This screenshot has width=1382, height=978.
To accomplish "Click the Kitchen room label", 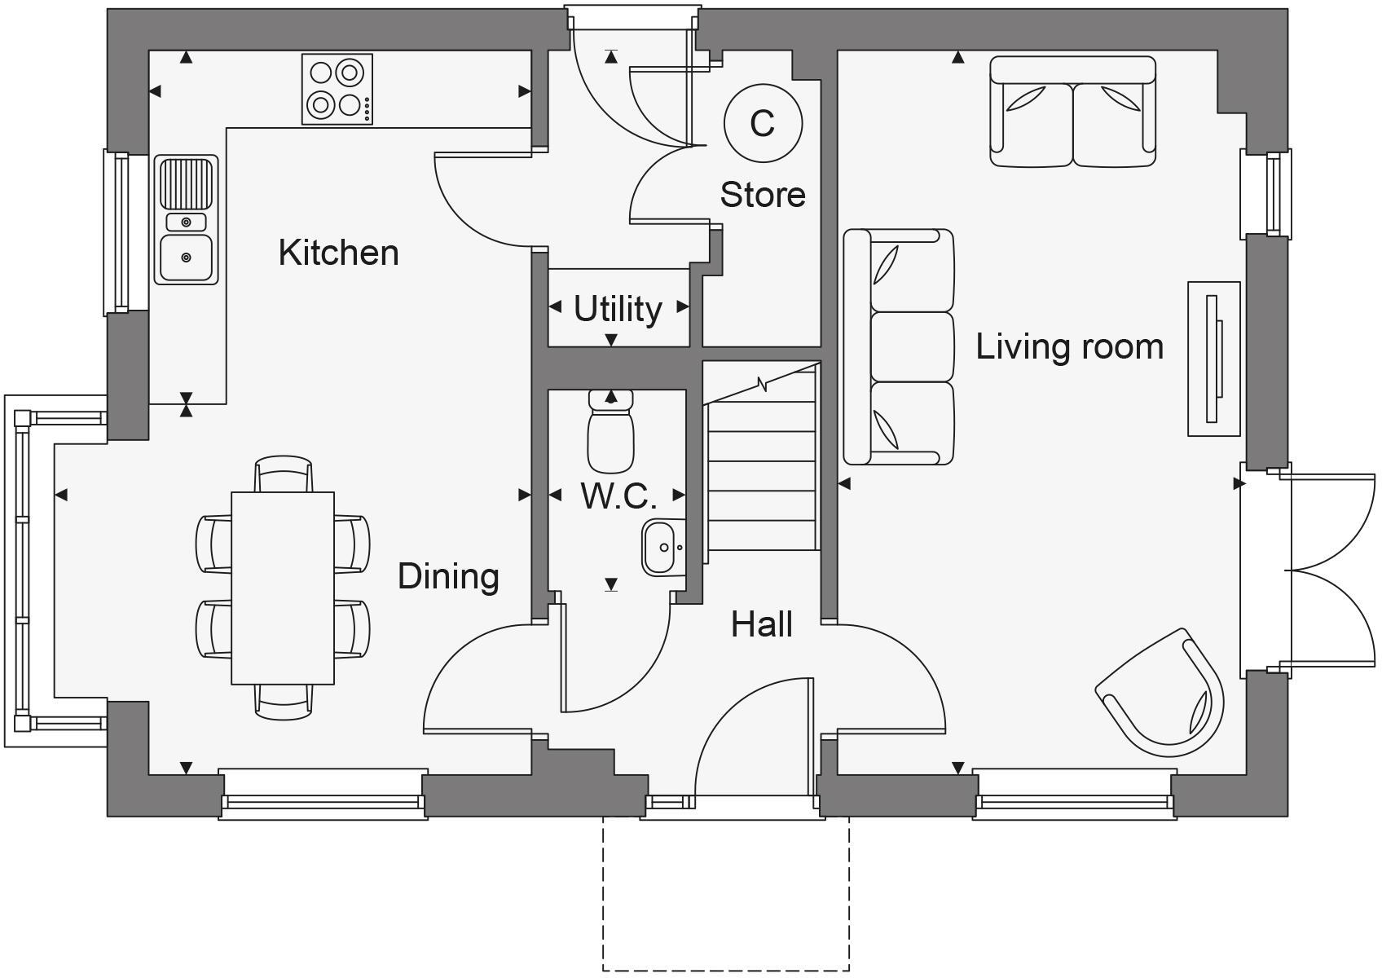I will point(338,253).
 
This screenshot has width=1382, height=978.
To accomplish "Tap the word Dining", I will point(448,576).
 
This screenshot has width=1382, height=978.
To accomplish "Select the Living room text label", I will point(1069,346).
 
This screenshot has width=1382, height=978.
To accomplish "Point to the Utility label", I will point(618,309).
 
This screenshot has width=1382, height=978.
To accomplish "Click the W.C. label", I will point(618,496).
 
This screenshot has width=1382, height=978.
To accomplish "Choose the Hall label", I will point(761,624).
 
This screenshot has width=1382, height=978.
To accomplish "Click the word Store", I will point(763,195).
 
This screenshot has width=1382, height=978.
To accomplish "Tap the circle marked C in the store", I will point(763,123).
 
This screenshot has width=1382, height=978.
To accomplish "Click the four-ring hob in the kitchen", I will point(337,89).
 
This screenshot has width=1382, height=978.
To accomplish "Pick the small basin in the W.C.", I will point(661,547).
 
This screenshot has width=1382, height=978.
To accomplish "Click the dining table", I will point(283,588).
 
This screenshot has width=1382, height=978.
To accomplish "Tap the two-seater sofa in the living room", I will point(1072,112).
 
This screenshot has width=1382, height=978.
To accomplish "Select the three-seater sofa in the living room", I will point(898,347).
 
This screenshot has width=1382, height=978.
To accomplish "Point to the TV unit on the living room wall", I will point(1213,359).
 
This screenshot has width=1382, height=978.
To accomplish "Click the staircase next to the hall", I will point(761,473).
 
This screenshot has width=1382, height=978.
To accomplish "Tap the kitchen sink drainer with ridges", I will point(187,183).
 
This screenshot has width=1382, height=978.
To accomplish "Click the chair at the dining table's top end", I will point(283,474).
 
